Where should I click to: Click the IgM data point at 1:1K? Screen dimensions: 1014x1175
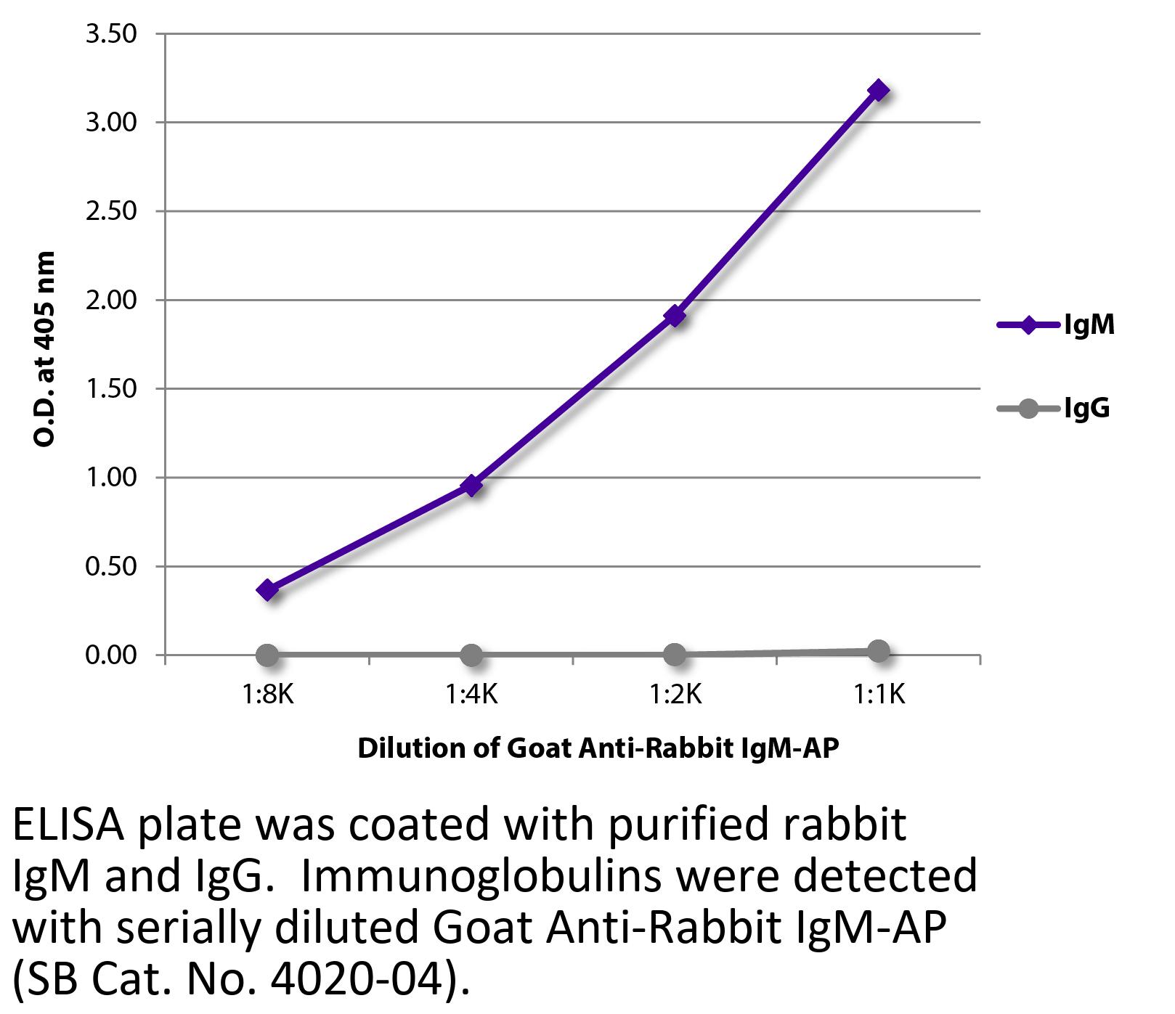tap(878, 91)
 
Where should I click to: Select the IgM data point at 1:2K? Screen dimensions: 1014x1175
tap(675, 316)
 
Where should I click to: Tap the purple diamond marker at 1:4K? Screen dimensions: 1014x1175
tap(471, 485)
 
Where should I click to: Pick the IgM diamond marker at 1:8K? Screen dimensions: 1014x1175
tap(267, 589)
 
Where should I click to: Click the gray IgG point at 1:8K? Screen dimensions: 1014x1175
tap(267, 655)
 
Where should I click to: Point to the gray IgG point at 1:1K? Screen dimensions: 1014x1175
tap(878, 651)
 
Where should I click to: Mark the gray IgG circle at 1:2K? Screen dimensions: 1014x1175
tap(675, 654)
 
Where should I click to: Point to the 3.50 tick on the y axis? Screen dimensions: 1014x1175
tap(110, 34)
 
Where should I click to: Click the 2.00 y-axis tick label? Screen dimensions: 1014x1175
tap(110, 300)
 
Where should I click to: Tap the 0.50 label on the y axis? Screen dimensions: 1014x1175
tap(110, 566)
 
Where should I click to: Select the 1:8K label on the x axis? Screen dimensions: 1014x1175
tap(267, 695)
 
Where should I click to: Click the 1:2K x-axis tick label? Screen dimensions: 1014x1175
tap(675, 695)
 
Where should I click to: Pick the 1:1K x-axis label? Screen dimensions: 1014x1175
tap(878, 695)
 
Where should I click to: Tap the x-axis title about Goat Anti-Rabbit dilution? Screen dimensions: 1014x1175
tap(598, 748)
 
